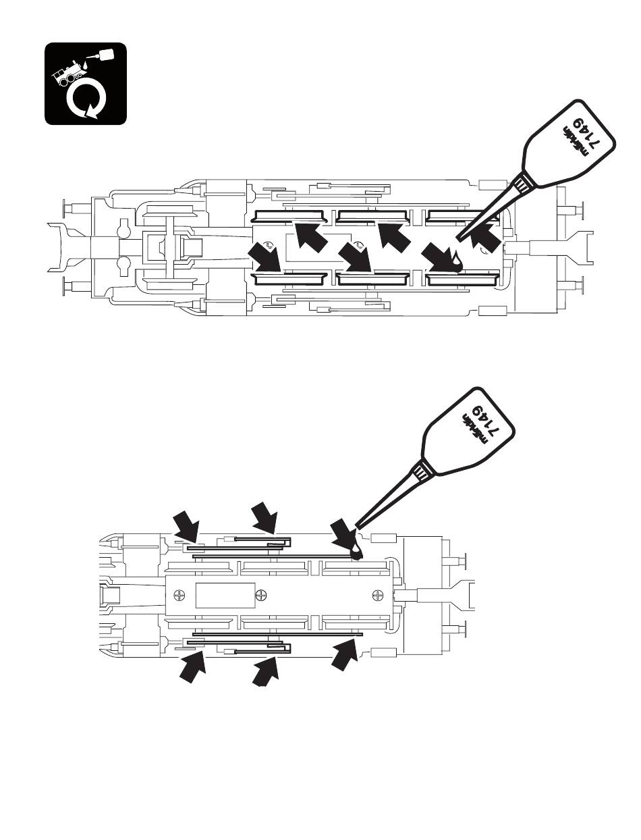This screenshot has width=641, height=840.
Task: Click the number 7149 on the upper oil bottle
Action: [586, 136]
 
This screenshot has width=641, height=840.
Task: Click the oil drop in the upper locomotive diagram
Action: [458, 260]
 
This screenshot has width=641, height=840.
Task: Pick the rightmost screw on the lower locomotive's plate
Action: [377, 595]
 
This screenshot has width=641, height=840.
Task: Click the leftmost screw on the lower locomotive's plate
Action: [179, 595]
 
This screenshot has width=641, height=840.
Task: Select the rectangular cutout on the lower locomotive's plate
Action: [225, 595]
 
